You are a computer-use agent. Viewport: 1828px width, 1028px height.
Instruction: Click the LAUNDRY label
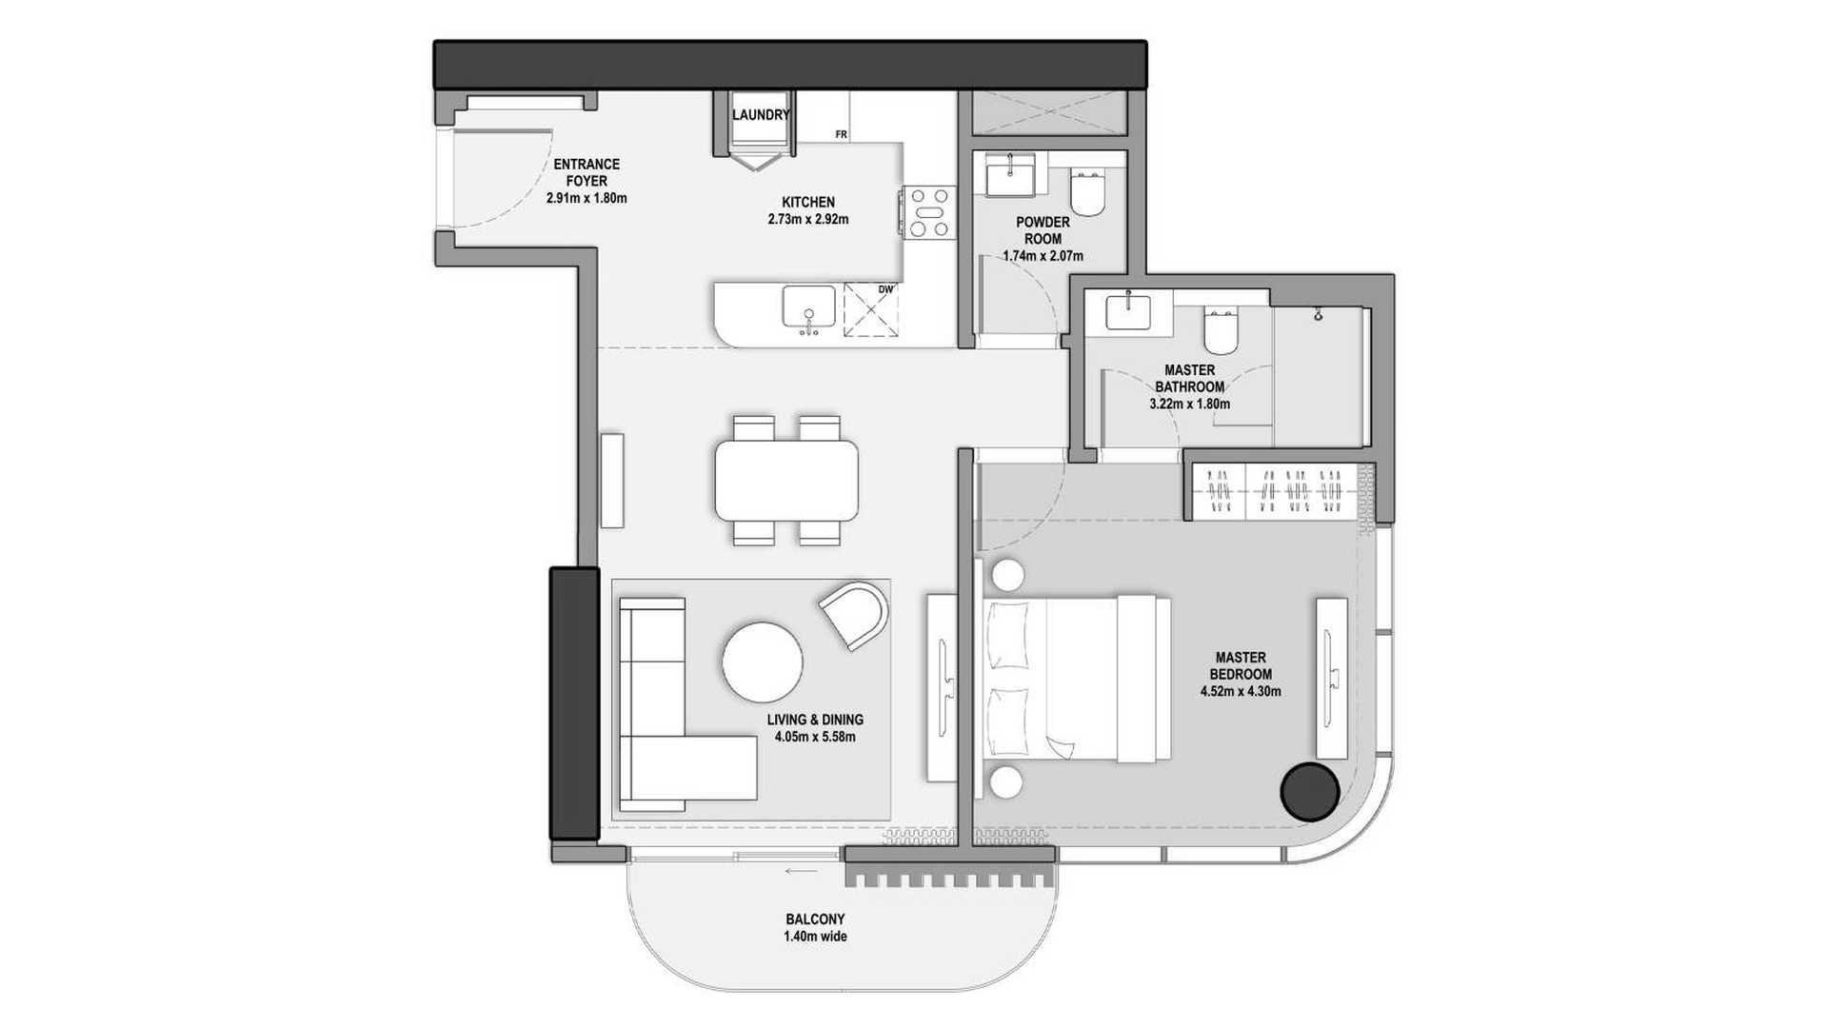tap(761, 115)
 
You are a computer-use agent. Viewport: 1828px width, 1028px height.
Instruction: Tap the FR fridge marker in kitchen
tap(842, 135)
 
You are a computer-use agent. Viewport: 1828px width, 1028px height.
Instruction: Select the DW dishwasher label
tap(885, 289)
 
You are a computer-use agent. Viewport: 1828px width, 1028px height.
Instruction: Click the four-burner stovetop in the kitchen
tap(929, 211)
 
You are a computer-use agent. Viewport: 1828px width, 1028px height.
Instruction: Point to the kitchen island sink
tap(809, 309)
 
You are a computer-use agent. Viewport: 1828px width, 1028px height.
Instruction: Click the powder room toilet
tap(1087, 193)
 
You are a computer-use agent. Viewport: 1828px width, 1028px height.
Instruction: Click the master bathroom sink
tap(1128, 311)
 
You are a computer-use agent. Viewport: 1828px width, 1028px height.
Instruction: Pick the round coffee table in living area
tap(762, 662)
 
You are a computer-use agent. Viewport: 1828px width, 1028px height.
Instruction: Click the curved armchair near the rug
tap(855, 615)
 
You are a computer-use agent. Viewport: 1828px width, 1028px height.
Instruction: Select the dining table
tap(786, 480)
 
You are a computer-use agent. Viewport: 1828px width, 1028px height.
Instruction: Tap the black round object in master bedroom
tap(1310, 791)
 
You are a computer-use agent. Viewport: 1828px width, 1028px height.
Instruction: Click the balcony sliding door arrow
tap(802, 870)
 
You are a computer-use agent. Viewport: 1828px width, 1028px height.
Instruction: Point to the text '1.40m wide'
tap(815, 937)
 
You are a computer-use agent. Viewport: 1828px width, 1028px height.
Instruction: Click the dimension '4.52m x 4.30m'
tap(1241, 692)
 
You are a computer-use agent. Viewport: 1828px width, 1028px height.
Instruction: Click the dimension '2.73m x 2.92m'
tap(808, 219)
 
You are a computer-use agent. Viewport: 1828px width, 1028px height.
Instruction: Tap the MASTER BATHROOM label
tap(1189, 379)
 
